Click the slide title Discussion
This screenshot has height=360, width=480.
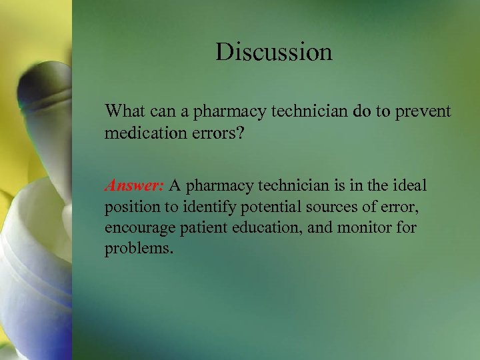coord(273,52)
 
